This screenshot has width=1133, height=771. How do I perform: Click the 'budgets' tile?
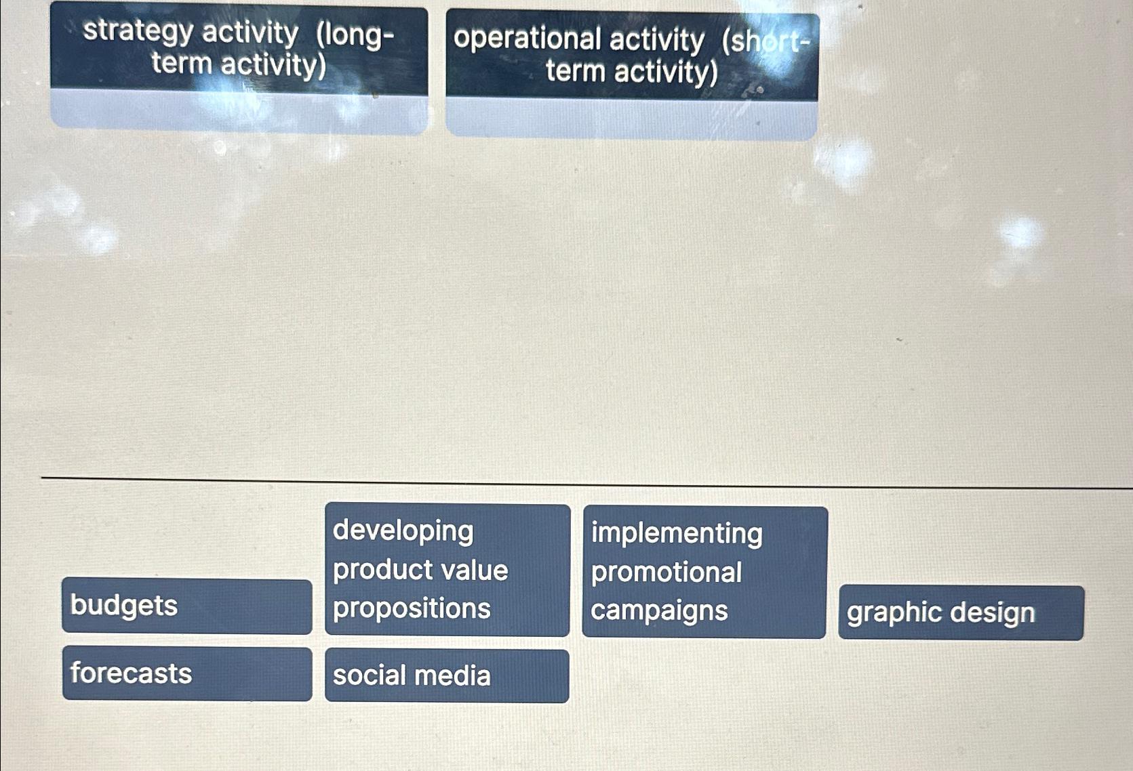coord(186,606)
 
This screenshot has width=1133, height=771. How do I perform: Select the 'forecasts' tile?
coord(186,673)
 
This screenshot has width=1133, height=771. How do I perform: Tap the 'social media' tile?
coord(446,675)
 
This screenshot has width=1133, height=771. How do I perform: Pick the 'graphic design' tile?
coord(960,612)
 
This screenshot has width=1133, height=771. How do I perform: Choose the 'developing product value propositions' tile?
coord(447,570)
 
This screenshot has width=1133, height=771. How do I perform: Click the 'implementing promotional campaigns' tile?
coord(704,572)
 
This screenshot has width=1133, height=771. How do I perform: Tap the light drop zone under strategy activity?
coord(239,112)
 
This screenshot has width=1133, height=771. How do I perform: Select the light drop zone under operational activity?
coord(631,119)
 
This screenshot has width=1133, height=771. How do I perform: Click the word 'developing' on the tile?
coord(403,530)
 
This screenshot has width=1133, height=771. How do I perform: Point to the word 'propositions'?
coord(412,608)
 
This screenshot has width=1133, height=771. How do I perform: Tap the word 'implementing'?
coord(677,533)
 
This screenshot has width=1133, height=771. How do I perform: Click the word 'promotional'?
coord(667,572)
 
